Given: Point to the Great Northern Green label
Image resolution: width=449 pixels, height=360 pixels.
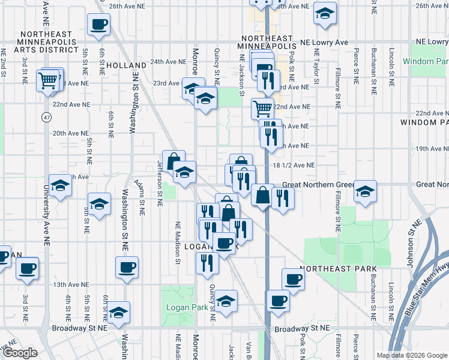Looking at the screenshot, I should pos(314,185).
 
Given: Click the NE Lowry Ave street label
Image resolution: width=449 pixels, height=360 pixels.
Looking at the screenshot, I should pos(324,43).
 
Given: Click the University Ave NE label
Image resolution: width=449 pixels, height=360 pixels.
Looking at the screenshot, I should pos(46,198).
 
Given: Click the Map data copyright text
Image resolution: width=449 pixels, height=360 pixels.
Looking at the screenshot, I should pos(411,355).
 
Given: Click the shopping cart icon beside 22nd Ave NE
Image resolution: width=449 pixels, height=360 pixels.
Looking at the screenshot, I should pos(262,109).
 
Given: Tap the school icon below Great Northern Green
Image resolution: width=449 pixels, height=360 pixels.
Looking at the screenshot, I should pos(365,191).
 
